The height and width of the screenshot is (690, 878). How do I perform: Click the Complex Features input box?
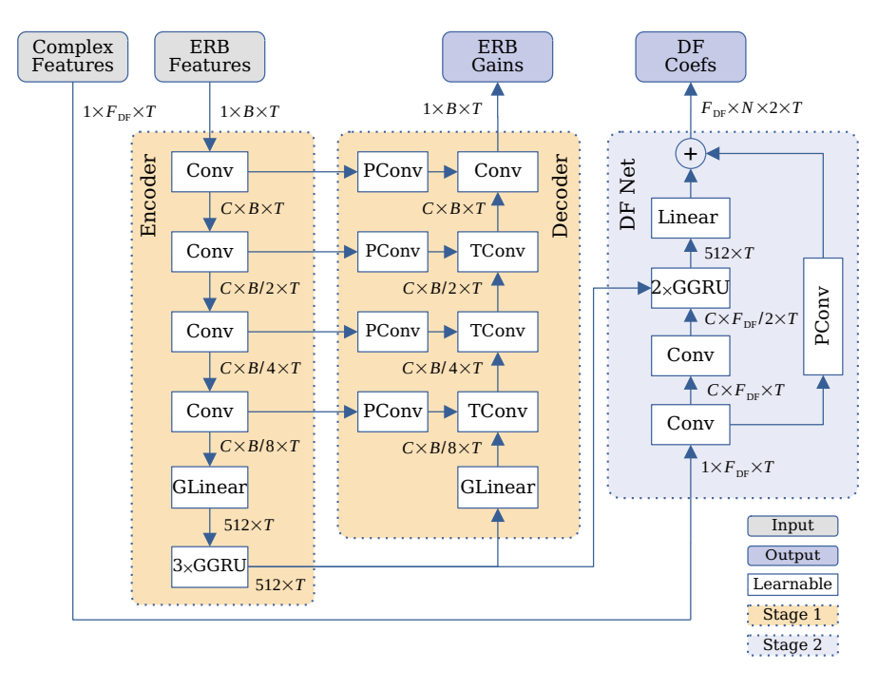(x=72, y=56)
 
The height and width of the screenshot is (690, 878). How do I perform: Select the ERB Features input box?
(x=209, y=56)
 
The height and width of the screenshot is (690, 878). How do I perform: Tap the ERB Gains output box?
(x=497, y=56)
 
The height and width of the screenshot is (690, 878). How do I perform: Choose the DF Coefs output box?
(x=691, y=56)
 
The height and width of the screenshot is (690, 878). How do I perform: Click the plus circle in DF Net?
(x=691, y=152)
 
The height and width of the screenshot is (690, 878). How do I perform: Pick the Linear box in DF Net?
(x=691, y=218)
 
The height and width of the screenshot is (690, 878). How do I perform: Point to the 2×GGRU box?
(x=691, y=288)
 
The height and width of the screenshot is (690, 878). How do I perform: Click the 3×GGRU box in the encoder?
(x=209, y=565)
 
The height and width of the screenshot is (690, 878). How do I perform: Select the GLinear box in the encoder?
(x=209, y=488)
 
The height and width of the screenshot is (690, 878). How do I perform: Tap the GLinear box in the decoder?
(x=497, y=488)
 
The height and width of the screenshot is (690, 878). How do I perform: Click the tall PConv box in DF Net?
(x=823, y=315)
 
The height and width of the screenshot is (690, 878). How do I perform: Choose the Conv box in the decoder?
(x=497, y=171)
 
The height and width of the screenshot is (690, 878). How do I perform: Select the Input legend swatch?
(x=792, y=526)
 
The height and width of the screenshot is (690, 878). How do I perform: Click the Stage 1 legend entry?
(x=792, y=615)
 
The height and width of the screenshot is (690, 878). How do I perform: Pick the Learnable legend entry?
(x=792, y=585)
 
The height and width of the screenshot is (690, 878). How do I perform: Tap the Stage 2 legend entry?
(x=792, y=645)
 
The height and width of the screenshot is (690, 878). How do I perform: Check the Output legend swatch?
(x=792, y=555)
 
